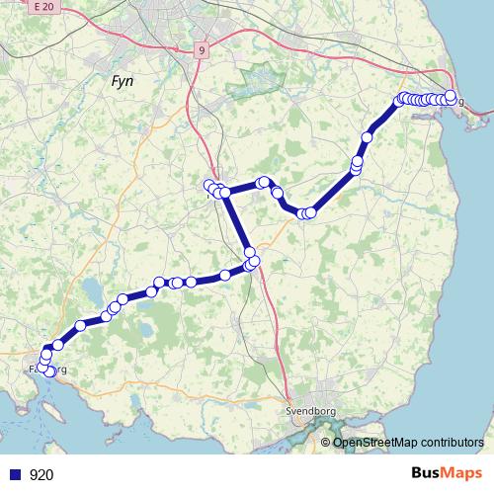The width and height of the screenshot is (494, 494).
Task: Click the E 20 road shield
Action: coord(40,7)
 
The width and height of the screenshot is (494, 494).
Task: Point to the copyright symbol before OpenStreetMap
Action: coord(325,442)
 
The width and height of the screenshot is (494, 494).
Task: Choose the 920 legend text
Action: coord(41,474)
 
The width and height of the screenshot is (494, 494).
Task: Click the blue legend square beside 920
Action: coord(14,474)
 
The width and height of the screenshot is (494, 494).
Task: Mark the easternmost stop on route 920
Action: coord(451,96)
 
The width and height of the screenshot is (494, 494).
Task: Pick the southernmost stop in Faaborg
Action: coord(50,371)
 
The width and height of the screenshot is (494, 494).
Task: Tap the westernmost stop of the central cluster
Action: coord(209,185)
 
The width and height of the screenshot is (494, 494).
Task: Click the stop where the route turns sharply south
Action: coord(225,192)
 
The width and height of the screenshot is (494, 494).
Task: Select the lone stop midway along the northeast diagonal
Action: coord(369,137)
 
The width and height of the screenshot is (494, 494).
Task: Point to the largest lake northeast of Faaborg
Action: coord(91,288)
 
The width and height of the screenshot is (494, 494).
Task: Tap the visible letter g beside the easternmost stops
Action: coord(460,102)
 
